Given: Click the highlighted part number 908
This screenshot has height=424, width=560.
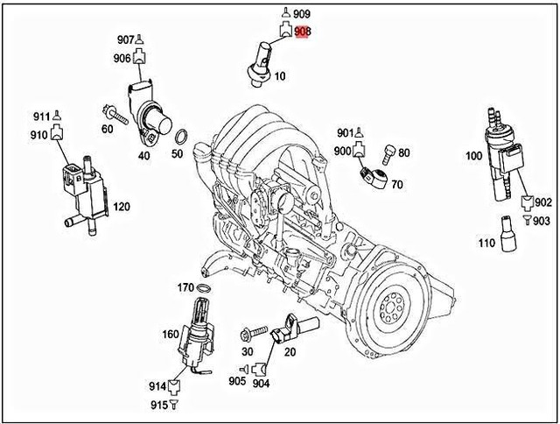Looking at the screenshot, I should coord(303,32).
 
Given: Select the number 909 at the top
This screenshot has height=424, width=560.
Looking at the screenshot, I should coord(302,14).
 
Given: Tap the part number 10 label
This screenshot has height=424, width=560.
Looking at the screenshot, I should coord(280,76).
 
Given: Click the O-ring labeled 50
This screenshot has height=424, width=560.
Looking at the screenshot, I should coord(180,138).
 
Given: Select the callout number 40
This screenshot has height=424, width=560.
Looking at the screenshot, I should coord(143,156).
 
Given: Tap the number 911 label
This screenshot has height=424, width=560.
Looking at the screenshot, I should coord(41,117).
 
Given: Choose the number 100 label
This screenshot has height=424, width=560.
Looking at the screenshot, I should coord(473,156).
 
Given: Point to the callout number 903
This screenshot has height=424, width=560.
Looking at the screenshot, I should coord(542,221).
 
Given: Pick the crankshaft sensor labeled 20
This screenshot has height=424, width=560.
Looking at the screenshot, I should coord(293,331).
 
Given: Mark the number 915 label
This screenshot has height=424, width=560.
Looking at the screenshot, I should coord(157,404).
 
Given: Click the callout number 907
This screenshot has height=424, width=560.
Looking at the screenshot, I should coord(126,40).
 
